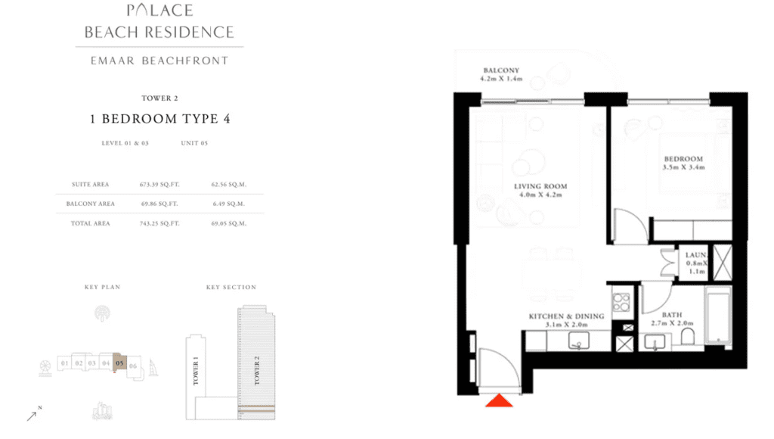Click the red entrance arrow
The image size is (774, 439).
pyautogui.click(x=499, y=400)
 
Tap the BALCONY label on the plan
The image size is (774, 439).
pyautogui.click(x=501, y=70)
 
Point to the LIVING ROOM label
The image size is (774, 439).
pyautogui.click(x=540, y=186)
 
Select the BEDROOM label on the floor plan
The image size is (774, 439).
pyautogui.click(x=683, y=159)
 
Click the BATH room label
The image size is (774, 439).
pyautogui.click(x=672, y=315)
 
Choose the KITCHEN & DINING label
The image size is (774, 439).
pyautogui.click(x=566, y=316)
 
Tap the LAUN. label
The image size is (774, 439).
pyautogui.click(x=696, y=255)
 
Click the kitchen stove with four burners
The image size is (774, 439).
pyautogui.click(x=621, y=302)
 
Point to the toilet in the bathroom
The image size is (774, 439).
pyautogui.click(x=687, y=337)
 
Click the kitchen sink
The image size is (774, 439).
pyautogui.click(x=578, y=341)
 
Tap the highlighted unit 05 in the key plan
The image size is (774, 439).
pyautogui.click(x=119, y=363)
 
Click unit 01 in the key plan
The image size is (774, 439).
pyautogui.click(x=65, y=363)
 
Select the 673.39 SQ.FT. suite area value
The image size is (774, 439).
pyautogui.click(x=159, y=185)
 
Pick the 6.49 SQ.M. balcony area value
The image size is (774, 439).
pyautogui.click(x=228, y=204)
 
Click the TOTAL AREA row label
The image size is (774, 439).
pyautogui.click(x=91, y=223)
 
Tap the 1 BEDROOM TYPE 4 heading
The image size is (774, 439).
pyautogui.click(x=160, y=119)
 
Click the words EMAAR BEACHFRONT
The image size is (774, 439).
pyautogui.click(x=159, y=61)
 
